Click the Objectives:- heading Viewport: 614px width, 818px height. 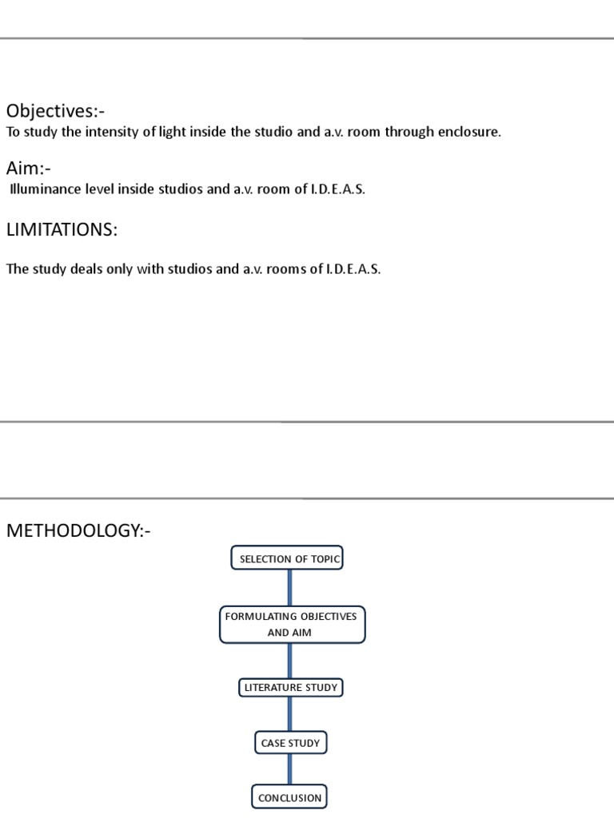pyautogui.click(x=55, y=111)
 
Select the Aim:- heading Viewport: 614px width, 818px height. pyautogui.click(x=29, y=168)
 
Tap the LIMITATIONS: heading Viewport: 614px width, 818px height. pyautogui.click(x=62, y=230)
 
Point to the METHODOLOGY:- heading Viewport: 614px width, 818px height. pyautogui.click(x=78, y=530)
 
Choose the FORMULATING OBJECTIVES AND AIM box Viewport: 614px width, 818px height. pyautogui.click(x=292, y=625)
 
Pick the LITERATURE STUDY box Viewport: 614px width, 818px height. pyautogui.click(x=290, y=687)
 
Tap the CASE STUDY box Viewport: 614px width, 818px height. pyautogui.click(x=290, y=743)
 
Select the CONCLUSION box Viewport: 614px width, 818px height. pyautogui.click(x=289, y=797)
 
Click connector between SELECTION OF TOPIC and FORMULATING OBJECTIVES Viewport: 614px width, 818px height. pyautogui.click(x=289, y=588)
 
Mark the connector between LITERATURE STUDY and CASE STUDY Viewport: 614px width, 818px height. pyautogui.click(x=289, y=715)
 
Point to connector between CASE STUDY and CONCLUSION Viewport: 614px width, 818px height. pyautogui.click(x=289, y=770)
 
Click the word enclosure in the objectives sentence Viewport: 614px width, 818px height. pyautogui.click(x=467, y=132)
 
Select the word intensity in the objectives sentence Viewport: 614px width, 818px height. pyautogui.click(x=114, y=132)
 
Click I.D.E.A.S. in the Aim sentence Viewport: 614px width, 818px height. pyautogui.click(x=337, y=190)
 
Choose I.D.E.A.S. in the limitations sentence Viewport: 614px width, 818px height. pyautogui.click(x=353, y=269)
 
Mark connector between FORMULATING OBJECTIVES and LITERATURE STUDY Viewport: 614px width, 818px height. pyautogui.click(x=289, y=661)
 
